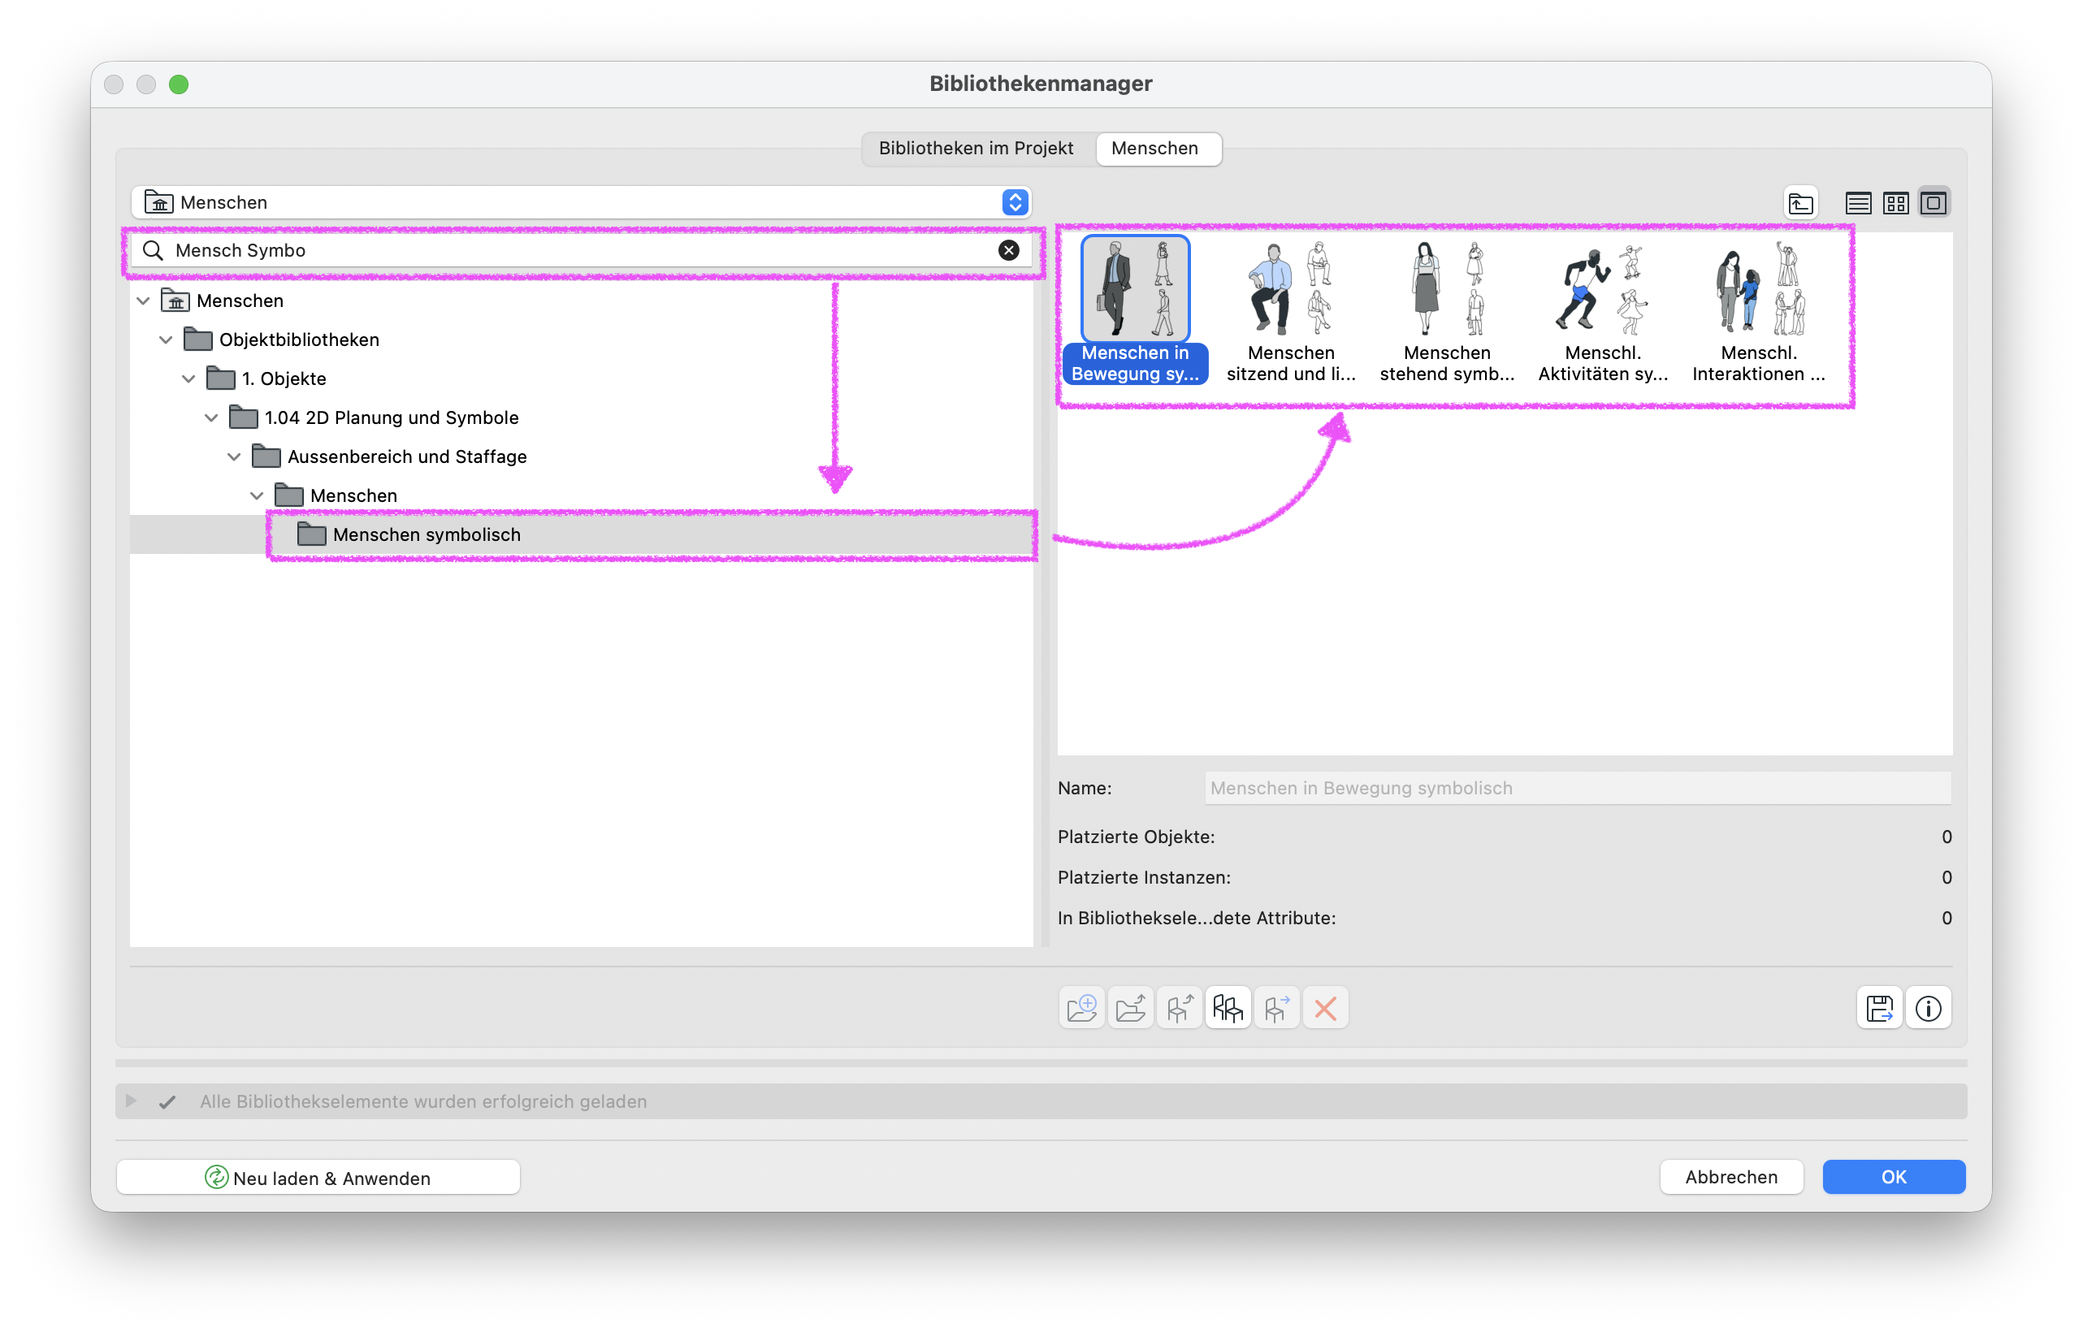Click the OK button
click(x=1894, y=1176)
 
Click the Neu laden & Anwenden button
click(x=318, y=1177)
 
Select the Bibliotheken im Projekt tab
click(x=976, y=148)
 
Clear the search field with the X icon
click(x=1009, y=250)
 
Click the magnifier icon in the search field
click(x=153, y=250)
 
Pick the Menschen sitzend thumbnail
click(x=1291, y=311)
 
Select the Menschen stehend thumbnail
click(x=1446, y=311)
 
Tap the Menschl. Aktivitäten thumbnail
click(x=1603, y=311)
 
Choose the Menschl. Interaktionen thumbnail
click(x=1759, y=311)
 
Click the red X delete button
click(x=1325, y=1008)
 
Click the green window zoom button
click(x=178, y=84)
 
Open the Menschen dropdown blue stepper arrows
click(x=1015, y=201)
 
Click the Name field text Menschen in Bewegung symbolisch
click(x=1361, y=788)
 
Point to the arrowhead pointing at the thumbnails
click(x=1337, y=427)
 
